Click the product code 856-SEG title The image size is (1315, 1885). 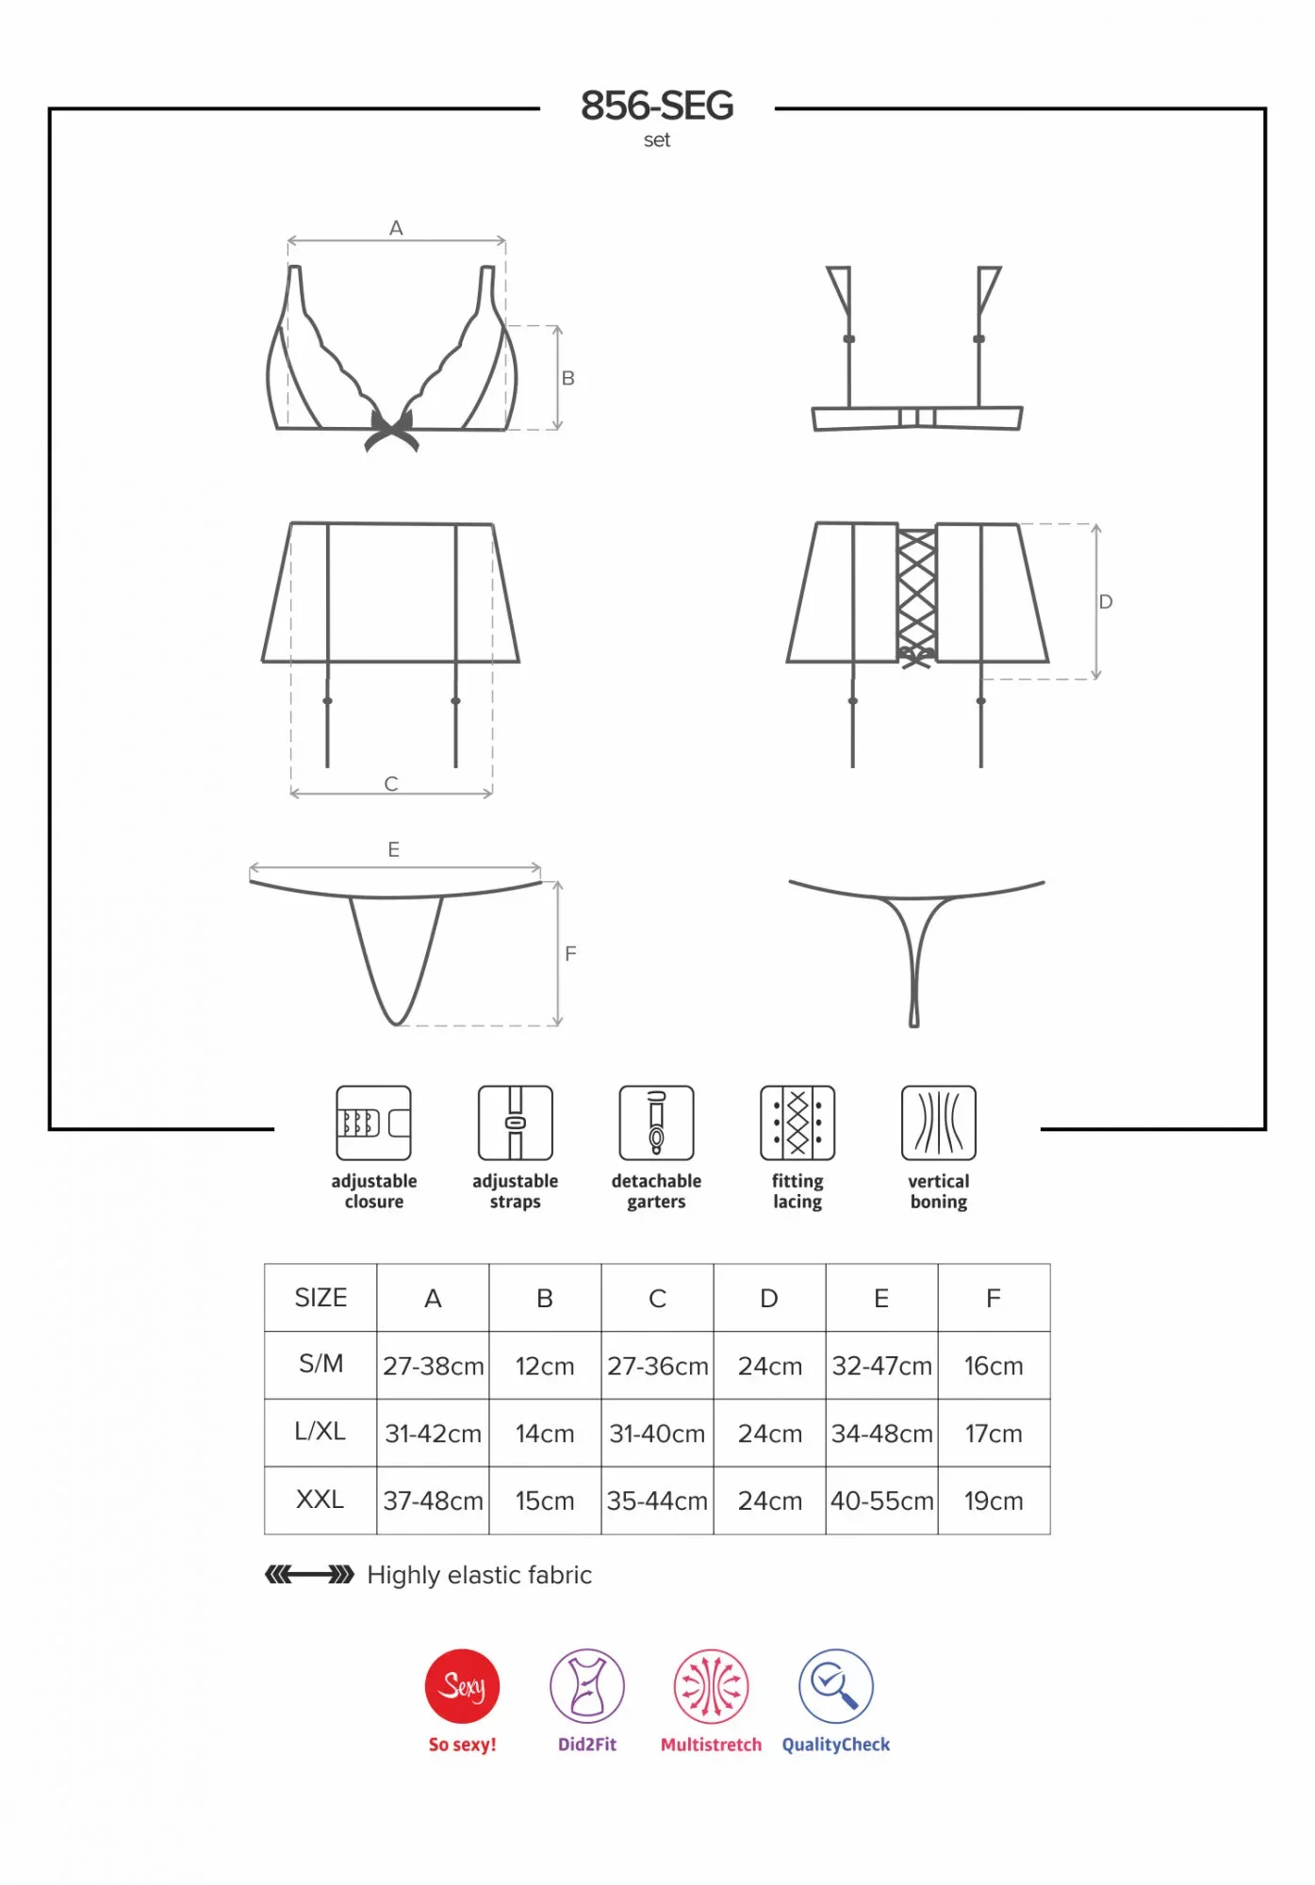tap(657, 106)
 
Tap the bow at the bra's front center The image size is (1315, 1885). tap(391, 431)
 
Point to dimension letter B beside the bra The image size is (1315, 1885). tap(568, 378)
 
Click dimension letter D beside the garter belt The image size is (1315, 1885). tap(1106, 601)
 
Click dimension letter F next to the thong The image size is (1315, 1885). tap(570, 954)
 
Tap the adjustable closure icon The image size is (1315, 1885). tap(373, 1123)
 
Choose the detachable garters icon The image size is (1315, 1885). tap(656, 1123)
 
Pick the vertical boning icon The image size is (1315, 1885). tap(939, 1123)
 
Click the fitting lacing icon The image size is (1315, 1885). tap(797, 1123)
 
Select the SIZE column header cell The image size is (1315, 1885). tap(321, 1298)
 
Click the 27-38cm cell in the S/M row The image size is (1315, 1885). tap(433, 1366)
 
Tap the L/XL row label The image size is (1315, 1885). tap(321, 1432)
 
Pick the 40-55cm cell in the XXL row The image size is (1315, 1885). tap(881, 1500)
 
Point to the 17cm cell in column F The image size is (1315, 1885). tap(994, 1434)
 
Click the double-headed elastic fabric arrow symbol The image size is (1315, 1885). tap(309, 1574)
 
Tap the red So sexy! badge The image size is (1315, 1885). tap(462, 1686)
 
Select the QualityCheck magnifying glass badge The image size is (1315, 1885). tap(836, 1686)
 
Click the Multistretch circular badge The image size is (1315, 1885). tap(712, 1686)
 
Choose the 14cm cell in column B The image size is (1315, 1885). tap(545, 1434)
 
